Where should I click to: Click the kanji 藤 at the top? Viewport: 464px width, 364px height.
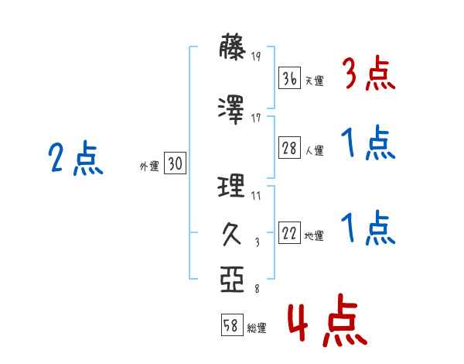232,46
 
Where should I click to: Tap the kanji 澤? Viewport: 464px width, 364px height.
231,110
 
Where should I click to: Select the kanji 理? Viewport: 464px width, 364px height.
231,186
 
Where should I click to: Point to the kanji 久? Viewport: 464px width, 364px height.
232,234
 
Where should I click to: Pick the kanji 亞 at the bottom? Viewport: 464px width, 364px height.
232,280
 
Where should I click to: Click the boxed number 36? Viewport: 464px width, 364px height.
289,78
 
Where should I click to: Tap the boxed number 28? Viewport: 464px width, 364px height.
289,148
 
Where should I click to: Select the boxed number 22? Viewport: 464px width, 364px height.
289,232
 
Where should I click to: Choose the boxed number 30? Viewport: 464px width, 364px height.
175,163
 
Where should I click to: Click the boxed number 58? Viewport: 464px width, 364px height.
232,325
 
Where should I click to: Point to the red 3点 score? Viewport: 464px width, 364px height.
369,74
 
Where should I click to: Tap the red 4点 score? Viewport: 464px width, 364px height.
327,320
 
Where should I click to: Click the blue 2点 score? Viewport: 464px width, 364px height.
76,158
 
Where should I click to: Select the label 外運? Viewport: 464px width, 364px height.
149,167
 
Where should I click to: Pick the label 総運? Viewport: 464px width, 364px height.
257,328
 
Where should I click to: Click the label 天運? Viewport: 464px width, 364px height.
315,81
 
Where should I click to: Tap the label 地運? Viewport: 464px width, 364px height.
314,236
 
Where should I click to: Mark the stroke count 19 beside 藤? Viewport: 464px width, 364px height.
256,57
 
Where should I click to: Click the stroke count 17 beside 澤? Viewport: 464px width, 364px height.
256,118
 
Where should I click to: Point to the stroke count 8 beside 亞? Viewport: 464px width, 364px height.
258,289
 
